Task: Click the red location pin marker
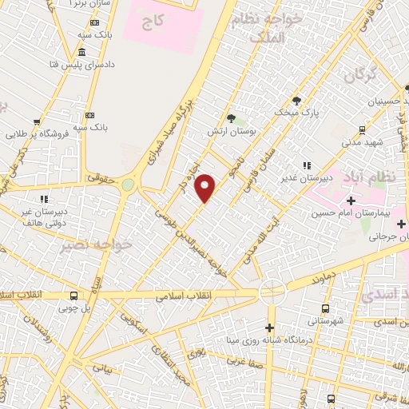tap(206, 188)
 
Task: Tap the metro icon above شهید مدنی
tap(362, 129)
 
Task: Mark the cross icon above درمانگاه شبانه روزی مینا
tap(269, 328)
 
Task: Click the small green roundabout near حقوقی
tap(128, 185)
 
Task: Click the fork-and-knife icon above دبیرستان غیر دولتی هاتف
tap(45, 198)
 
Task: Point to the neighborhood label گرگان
tap(359, 77)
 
